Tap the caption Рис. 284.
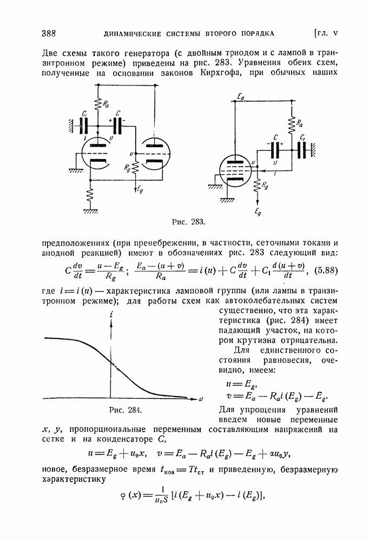click(126, 410)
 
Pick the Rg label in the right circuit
click(265, 186)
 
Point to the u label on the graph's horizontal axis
click(200, 399)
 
